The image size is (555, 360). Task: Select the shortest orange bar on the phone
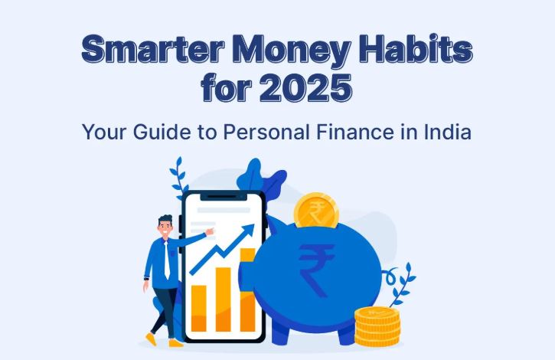click(199, 307)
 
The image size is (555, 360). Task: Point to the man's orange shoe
click(175, 342)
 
